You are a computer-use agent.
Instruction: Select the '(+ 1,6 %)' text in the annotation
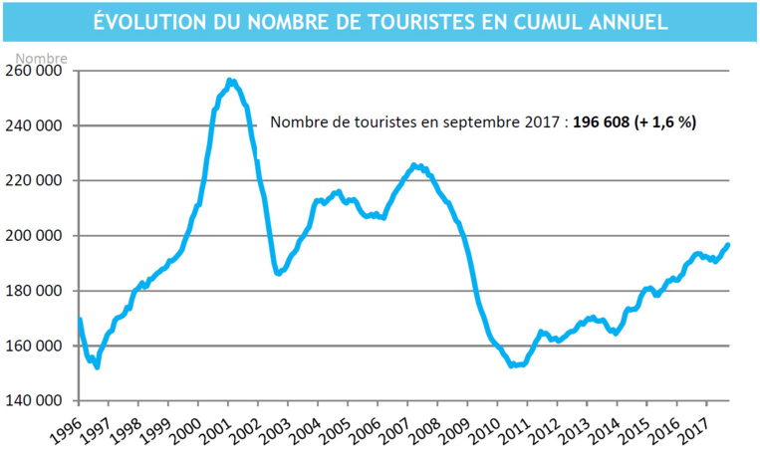click(673, 124)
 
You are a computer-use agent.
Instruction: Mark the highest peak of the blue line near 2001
click(230, 81)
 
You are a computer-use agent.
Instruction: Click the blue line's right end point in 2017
click(728, 245)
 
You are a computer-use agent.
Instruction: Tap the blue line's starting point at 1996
click(79, 320)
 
